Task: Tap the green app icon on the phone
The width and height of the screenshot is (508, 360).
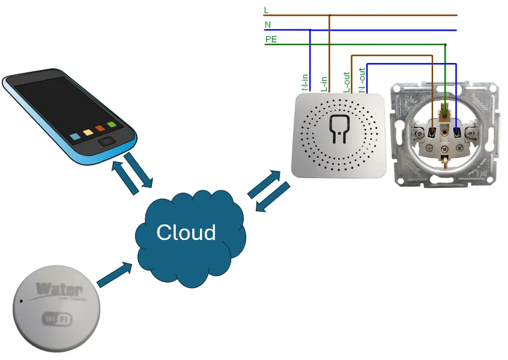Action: click(111, 125)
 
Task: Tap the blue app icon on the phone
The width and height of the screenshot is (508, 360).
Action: click(75, 136)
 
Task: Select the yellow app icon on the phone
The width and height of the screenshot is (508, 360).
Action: click(88, 132)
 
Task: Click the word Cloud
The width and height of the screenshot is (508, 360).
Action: click(186, 232)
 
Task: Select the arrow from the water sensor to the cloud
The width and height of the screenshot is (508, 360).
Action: click(113, 274)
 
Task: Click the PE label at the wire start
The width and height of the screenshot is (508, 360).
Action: click(271, 40)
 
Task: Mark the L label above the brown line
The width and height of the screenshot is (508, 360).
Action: click(267, 10)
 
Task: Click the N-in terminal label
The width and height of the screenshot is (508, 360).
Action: click(305, 82)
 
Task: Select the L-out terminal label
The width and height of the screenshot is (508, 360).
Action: click(346, 82)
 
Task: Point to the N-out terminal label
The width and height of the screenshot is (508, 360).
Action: click(362, 80)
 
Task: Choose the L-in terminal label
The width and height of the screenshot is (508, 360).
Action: click(324, 83)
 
